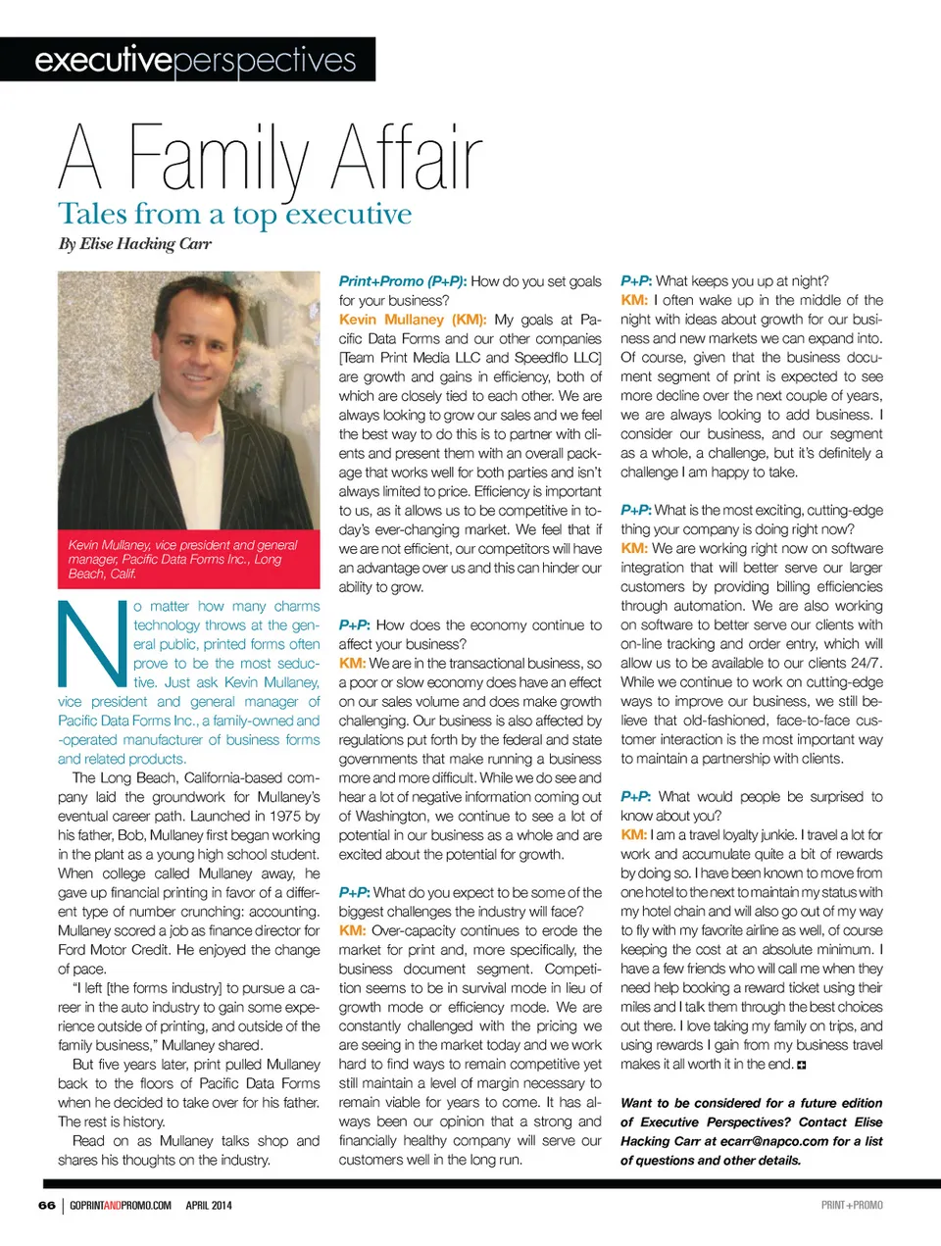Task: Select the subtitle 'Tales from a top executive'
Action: (x=234, y=215)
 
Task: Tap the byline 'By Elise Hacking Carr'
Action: (x=134, y=244)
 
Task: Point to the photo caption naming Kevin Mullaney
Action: (x=182, y=559)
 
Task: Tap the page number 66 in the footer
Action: (x=47, y=1205)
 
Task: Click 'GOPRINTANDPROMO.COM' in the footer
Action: (x=121, y=1205)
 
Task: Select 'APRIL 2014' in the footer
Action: (x=209, y=1205)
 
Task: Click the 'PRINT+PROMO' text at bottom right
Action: (x=852, y=1205)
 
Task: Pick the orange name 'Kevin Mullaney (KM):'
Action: (x=412, y=320)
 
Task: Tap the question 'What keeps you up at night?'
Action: (x=742, y=281)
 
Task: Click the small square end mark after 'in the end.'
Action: (x=802, y=1065)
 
